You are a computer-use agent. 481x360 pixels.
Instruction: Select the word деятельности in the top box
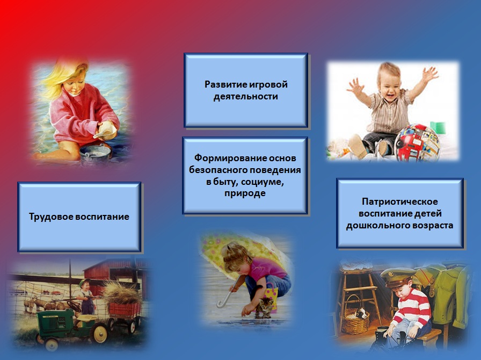coord(246,97)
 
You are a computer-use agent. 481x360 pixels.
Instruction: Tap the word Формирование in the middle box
coord(230,158)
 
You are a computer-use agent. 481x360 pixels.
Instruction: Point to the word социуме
coord(263,182)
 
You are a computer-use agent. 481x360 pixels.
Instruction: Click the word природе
coord(245,193)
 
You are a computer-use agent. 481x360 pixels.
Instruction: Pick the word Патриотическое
coord(400,202)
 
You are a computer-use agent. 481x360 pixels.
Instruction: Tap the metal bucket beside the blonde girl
coord(96,155)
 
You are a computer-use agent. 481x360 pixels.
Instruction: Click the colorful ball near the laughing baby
coord(417,143)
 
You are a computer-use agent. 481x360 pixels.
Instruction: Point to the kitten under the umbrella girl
coord(266,307)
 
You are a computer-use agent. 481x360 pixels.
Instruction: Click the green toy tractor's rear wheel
coord(100,334)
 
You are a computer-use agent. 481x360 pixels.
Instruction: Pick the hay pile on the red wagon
coord(121,293)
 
